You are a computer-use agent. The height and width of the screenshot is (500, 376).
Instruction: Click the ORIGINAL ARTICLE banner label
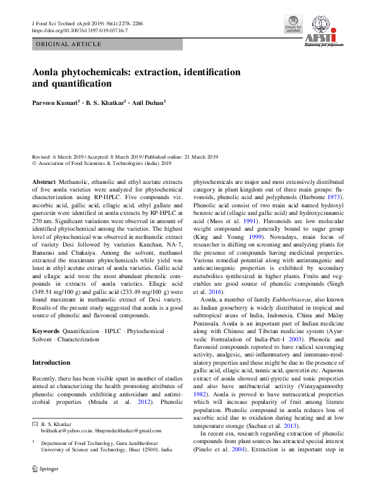[x=70, y=44]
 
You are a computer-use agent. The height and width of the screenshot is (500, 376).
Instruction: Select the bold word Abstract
[x=44, y=181]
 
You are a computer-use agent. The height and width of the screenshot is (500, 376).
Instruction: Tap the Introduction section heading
[x=51, y=363]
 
